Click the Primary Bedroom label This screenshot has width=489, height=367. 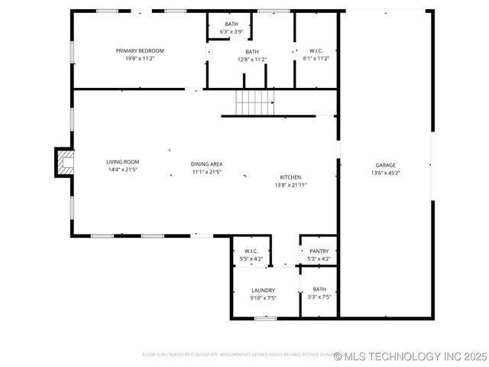coord(140,50)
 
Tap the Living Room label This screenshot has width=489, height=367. coord(122,161)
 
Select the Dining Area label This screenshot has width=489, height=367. coord(206,164)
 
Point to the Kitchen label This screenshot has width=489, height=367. coord(290,177)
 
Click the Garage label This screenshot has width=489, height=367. coord(385,164)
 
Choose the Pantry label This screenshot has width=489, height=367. coord(319,251)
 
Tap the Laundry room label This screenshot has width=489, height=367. coord(263,290)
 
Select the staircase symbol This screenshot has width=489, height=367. coord(254,102)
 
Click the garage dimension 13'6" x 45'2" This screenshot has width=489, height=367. coord(385,173)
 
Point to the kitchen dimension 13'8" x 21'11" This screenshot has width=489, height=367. coord(290,185)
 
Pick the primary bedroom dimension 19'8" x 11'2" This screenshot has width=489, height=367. coord(140,59)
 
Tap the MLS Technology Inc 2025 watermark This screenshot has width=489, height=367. coord(410,356)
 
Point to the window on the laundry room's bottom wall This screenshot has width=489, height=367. coord(265,318)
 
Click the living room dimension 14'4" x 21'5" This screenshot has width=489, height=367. coord(122,170)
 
